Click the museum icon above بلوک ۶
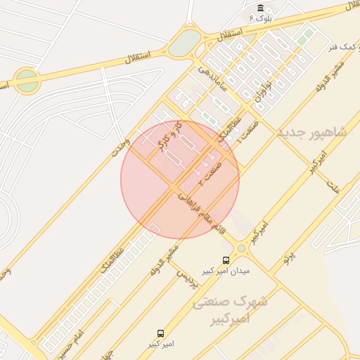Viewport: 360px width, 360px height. coord(260,8)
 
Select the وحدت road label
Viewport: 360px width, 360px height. coord(120,147)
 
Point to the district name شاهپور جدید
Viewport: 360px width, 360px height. coord(312,133)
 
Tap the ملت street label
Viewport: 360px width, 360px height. coord(332,187)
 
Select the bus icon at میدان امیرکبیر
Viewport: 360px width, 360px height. coord(226,259)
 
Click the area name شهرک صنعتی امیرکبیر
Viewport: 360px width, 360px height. coord(230,310)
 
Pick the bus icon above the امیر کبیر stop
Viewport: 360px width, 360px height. coord(161,333)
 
